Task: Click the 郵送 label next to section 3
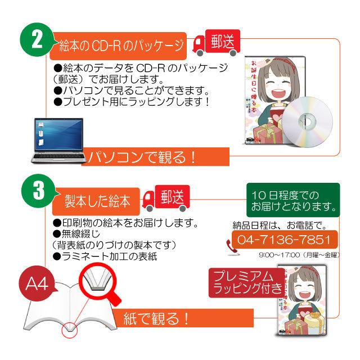(x=172, y=196)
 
